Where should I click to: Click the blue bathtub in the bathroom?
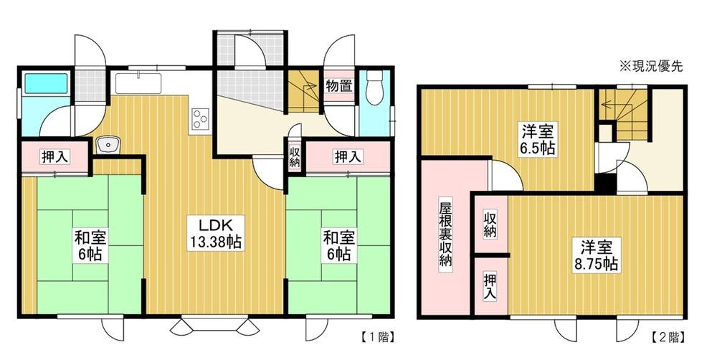click(x=46, y=83)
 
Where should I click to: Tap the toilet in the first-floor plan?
click(x=374, y=87)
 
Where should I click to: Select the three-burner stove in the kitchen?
click(x=200, y=118)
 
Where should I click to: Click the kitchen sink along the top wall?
click(x=138, y=82)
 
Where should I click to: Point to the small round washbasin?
click(x=108, y=145)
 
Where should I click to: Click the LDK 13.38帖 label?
click(x=216, y=233)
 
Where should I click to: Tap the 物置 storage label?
click(x=339, y=85)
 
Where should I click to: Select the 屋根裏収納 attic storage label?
click(x=446, y=234)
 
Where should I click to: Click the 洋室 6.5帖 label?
click(x=538, y=140)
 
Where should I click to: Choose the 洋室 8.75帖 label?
click(x=597, y=255)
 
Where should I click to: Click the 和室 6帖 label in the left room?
click(x=91, y=246)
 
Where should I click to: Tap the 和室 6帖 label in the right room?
click(x=339, y=246)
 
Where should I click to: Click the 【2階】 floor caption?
click(x=668, y=338)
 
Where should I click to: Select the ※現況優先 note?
click(x=651, y=67)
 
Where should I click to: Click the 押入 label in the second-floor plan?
click(x=490, y=286)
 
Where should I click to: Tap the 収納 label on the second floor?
click(x=490, y=224)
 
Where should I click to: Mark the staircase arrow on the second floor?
click(x=617, y=104)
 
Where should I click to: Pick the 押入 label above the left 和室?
click(x=55, y=157)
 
